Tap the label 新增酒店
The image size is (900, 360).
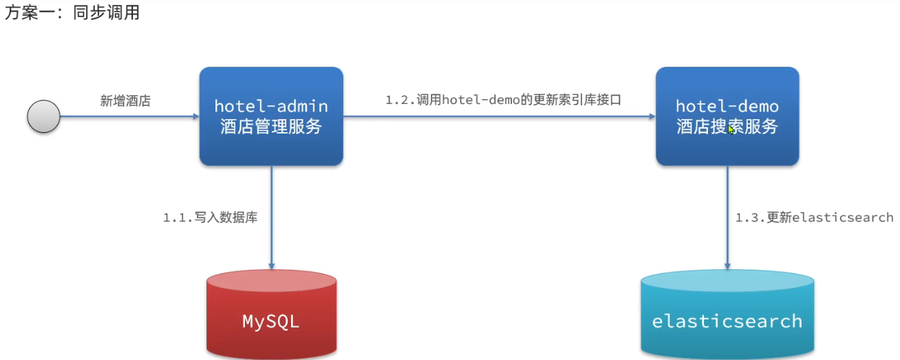coord(125,101)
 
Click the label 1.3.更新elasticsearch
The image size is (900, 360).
coord(814,218)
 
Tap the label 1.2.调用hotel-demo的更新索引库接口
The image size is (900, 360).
coord(503,100)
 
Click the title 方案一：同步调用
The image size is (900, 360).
coord(72,13)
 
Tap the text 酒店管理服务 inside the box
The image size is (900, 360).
coord(271,127)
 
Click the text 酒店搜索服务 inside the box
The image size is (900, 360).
coord(727,127)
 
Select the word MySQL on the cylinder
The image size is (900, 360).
coord(271,321)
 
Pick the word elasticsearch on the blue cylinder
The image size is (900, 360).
coord(727,321)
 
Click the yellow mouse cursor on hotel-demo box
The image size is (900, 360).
coord(732,129)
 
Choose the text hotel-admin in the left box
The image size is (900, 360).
coord(271,107)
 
